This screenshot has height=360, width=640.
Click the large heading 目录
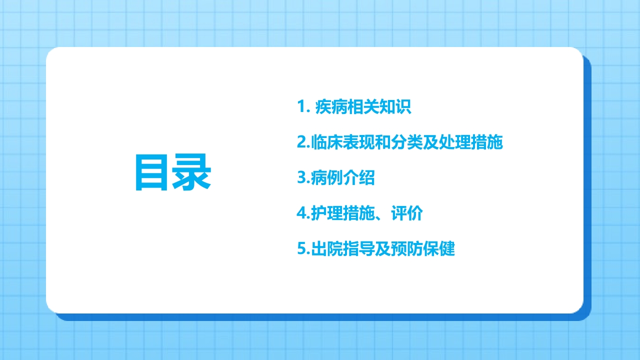click(x=173, y=173)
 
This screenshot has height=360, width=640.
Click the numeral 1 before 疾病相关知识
click(x=301, y=107)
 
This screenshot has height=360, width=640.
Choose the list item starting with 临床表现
click(x=400, y=142)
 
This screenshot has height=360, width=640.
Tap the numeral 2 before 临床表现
click(x=301, y=142)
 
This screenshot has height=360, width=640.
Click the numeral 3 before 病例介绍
click(x=301, y=178)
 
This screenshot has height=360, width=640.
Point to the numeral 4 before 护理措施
click(x=301, y=213)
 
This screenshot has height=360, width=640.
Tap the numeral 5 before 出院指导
click(x=301, y=249)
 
